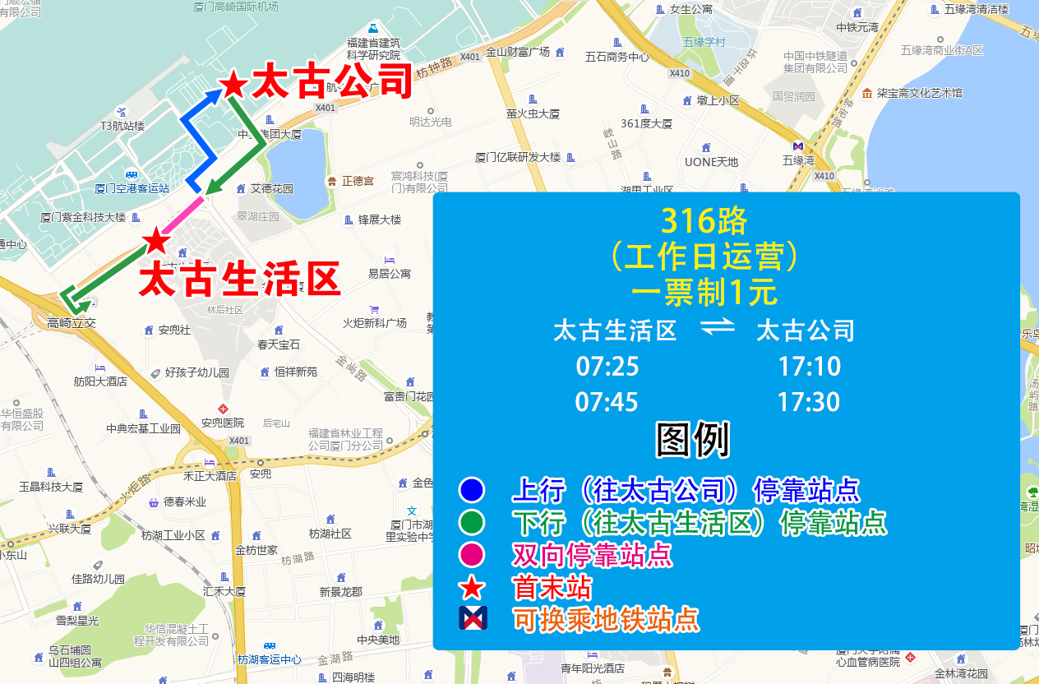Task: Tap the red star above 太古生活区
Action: pyautogui.click(x=155, y=241)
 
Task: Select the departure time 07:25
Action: pyautogui.click(x=607, y=366)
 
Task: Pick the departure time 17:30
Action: pyautogui.click(x=809, y=402)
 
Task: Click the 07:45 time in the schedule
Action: pyautogui.click(x=607, y=402)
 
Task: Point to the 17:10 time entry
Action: pyautogui.click(x=809, y=366)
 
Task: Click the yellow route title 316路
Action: pyautogui.click(x=704, y=220)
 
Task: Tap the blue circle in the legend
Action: pyautogui.click(x=472, y=491)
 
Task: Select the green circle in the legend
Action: pyautogui.click(x=472, y=523)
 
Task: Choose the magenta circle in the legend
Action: pyautogui.click(x=472, y=555)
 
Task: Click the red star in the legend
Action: pyautogui.click(x=472, y=587)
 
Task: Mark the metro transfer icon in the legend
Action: pyautogui.click(x=473, y=618)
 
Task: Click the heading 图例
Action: pyautogui.click(x=692, y=441)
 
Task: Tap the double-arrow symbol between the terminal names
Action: pyautogui.click(x=717, y=328)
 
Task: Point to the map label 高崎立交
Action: pyautogui.click(x=72, y=323)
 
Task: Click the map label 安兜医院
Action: pyautogui.click(x=222, y=423)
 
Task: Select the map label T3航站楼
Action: pyautogui.click(x=122, y=126)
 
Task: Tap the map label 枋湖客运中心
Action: pyautogui.click(x=269, y=659)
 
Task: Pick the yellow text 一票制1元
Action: pyautogui.click(x=704, y=293)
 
